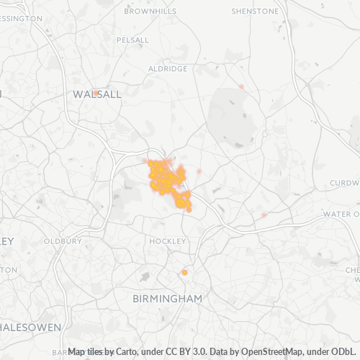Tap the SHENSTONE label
[x=255, y=12]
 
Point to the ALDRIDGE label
[x=167, y=68]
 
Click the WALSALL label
[x=97, y=94]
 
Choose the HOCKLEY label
[x=168, y=240]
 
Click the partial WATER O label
[x=341, y=215]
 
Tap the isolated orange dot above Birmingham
[x=184, y=273]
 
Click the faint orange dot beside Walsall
[x=96, y=93]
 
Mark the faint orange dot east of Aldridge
[x=241, y=86]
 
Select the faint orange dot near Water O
[x=264, y=215]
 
